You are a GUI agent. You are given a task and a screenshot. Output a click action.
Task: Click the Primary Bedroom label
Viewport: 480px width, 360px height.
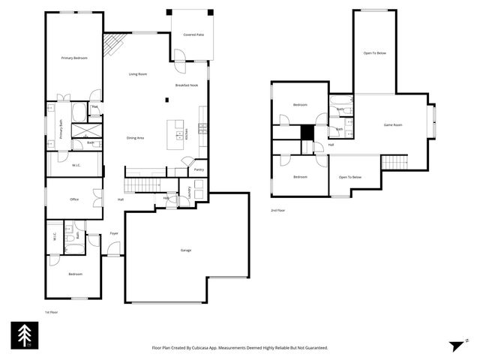coord(74,58)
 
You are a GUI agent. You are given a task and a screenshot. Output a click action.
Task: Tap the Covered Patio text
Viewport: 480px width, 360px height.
coord(193,34)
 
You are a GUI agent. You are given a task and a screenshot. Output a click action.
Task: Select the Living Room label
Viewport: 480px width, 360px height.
coord(137,73)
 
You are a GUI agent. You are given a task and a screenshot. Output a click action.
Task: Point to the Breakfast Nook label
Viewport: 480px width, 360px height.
coord(187,85)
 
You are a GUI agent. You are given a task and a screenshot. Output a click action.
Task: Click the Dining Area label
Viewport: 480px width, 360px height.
coord(135,138)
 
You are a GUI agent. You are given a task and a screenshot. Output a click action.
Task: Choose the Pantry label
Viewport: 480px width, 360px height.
coord(199,170)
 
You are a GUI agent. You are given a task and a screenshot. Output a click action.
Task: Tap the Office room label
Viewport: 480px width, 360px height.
coord(74,199)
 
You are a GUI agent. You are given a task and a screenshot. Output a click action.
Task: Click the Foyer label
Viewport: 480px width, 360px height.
coord(114,233)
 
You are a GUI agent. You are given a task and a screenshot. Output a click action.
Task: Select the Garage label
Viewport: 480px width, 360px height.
coord(185,250)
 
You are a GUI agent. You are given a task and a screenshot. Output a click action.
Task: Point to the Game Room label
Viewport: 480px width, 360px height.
coord(394,124)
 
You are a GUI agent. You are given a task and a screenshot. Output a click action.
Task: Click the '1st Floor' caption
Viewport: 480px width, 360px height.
coord(51,311)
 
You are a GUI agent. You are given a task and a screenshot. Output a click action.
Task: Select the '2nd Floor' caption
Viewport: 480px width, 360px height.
coord(277,210)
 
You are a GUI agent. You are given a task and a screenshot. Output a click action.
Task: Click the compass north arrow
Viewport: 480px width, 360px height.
coord(457,346)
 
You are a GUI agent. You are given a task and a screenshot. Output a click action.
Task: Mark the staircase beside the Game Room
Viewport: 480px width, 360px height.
coord(394,162)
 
